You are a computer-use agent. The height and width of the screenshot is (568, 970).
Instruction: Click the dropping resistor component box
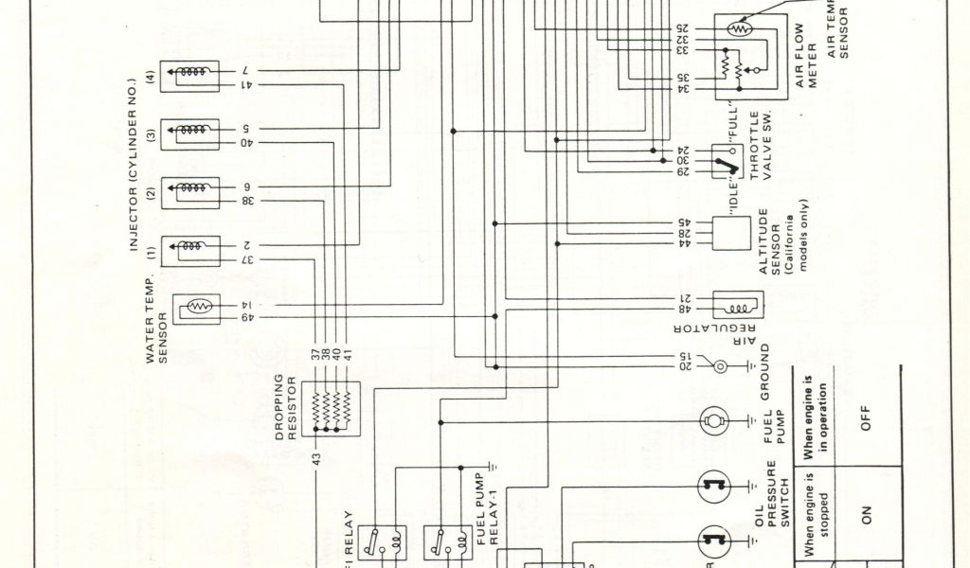(332, 408)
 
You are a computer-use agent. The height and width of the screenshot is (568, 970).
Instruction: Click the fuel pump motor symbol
(713, 420)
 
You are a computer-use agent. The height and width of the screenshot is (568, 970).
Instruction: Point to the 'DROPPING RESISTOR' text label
(285, 407)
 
